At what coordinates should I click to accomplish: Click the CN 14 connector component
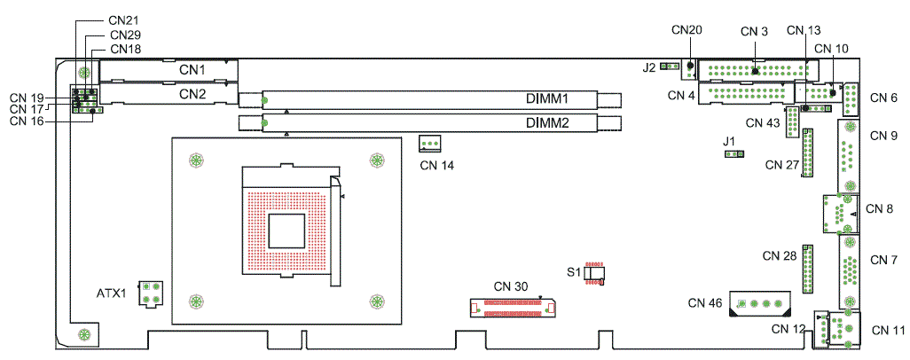pyautogui.click(x=429, y=142)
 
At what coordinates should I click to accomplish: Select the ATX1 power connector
pyautogui.click(x=151, y=293)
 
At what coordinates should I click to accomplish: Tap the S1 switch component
pyautogui.click(x=594, y=273)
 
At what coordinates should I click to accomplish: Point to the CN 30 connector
pyautogui.click(x=513, y=308)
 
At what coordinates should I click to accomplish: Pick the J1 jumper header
pyautogui.click(x=734, y=154)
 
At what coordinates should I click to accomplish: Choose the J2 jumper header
pyautogui.click(x=671, y=67)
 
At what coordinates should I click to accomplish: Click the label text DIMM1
pyautogui.click(x=546, y=98)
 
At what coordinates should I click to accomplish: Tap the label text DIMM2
pyautogui.click(x=546, y=123)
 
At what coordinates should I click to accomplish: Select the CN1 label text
pyautogui.click(x=192, y=70)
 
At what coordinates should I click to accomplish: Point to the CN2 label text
pyautogui.click(x=192, y=93)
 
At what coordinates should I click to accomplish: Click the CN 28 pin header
pyautogui.click(x=807, y=270)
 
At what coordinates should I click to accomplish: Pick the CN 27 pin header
pyautogui.click(x=808, y=153)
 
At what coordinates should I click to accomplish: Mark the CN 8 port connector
pyautogui.click(x=840, y=215)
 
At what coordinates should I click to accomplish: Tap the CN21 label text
pyautogui.click(x=123, y=20)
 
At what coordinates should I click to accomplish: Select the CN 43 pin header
pyautogui.click(x=792, y=122)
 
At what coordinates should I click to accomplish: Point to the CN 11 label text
pyautogui.click(x=888, y=331)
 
